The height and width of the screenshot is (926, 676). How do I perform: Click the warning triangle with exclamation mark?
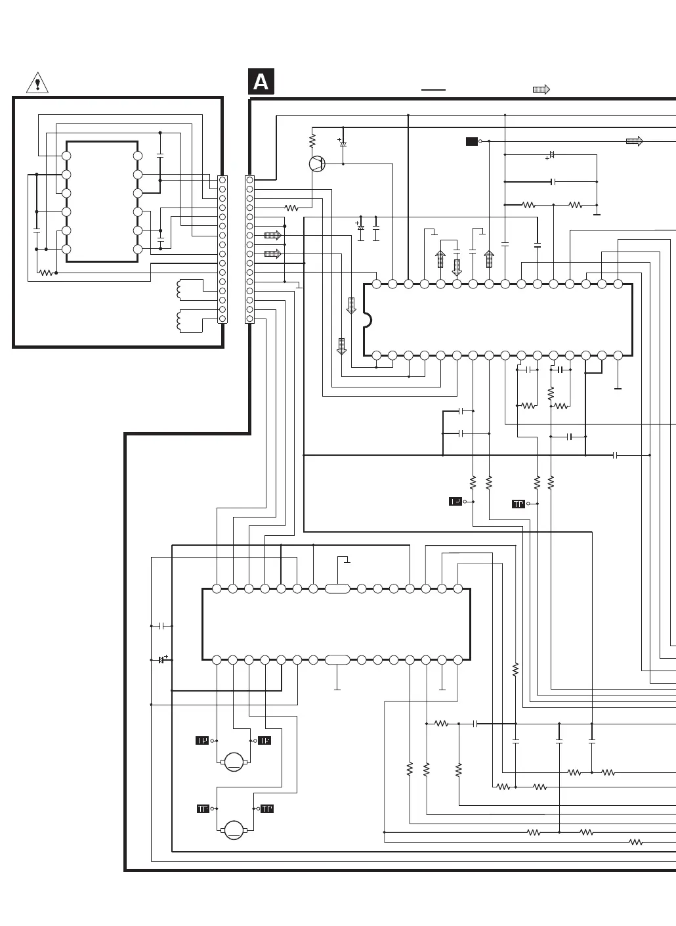pos(37,83)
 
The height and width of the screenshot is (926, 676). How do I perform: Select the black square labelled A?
pos(261,82)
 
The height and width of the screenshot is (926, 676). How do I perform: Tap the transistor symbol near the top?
pos(317,164)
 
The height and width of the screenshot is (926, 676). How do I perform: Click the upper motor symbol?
pos(234,762)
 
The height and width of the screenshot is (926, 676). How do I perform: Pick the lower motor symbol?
pos(234,830)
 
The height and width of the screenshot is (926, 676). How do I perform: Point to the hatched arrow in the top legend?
pos(541,89)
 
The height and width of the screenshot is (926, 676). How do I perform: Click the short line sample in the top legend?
pos(433,89)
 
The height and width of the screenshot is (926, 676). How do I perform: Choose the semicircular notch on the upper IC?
pos(368,320)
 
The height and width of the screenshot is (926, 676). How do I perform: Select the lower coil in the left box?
pos(181,320)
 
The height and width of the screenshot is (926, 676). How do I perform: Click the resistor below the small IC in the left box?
pos(45,273)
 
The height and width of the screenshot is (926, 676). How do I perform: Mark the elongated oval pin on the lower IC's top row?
pos(337,588)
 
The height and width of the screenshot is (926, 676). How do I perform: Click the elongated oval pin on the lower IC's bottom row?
pos(337,659)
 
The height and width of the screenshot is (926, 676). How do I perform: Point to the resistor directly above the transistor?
pos(312,140)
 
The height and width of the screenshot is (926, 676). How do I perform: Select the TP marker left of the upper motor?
pos(202,741)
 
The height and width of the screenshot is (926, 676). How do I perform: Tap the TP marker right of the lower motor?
pos(267,809)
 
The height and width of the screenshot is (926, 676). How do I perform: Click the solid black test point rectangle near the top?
pos(471,141)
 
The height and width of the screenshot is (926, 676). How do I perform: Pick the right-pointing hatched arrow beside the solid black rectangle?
pos(634,141)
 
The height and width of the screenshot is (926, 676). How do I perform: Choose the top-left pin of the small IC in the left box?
pos(66,156)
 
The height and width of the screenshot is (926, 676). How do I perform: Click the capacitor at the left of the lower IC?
pos(161,626)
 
